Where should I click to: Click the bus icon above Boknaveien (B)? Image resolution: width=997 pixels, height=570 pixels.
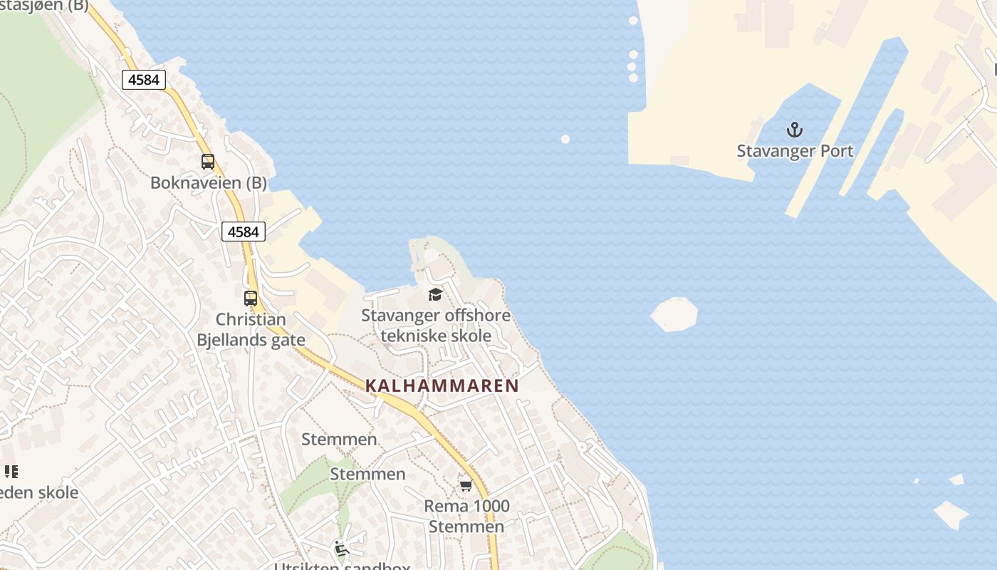click(207, 162)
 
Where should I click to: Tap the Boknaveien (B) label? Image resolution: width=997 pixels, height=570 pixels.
click(208, 183)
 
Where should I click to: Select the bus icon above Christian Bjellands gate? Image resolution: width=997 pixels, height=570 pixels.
click(250, 299)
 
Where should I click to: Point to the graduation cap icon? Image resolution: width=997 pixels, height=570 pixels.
click(435, 295)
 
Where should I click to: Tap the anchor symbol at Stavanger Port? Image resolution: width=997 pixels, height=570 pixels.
click(794, 130)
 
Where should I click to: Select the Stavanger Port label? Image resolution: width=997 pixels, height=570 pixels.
click(795, 151)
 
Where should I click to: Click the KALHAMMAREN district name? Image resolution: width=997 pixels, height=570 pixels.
click(442, 386)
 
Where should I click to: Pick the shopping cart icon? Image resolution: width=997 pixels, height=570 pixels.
click(466, 485)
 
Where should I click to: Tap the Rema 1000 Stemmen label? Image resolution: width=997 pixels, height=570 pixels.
click(466, 517)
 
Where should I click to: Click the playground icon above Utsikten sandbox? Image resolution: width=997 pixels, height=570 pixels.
click(341, 548)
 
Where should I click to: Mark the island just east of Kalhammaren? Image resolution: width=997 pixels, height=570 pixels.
click(674, 314)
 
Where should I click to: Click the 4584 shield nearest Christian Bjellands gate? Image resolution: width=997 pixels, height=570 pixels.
click(243, 232)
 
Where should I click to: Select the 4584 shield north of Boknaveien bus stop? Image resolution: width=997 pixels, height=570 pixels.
click(144, 80)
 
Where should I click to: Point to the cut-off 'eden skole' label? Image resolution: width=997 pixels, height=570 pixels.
click(38, 493)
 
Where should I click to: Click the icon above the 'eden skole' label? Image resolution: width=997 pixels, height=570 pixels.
click(11, 471)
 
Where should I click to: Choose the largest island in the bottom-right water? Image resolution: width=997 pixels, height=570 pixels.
click(951, 514)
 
